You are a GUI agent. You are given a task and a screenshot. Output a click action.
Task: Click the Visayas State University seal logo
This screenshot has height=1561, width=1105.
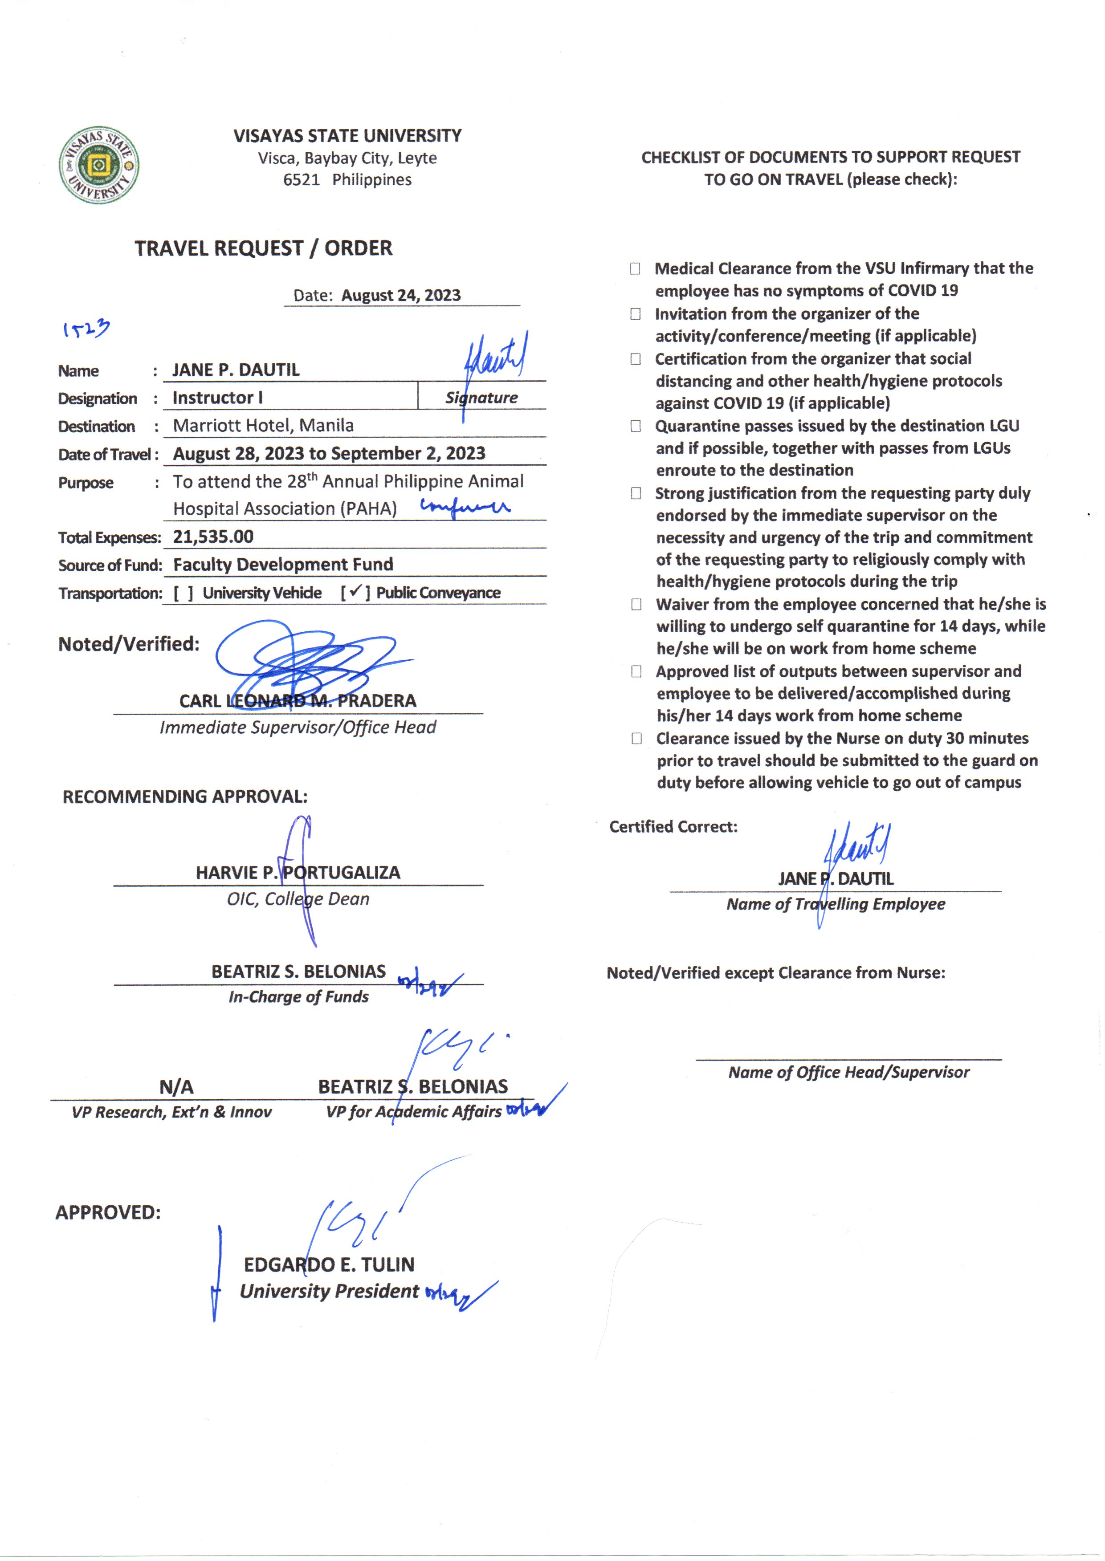click(x=99, y=165)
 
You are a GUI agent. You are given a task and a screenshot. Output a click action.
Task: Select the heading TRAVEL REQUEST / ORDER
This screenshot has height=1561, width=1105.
click(x=263, y=248)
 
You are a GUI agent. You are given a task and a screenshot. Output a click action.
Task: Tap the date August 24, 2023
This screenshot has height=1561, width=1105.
click(x=401, y=295)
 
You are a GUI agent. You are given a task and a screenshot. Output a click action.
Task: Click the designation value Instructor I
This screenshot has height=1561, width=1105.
click(x=218, y=398)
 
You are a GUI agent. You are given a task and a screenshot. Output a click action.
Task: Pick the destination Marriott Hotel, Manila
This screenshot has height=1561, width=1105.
click(x=263, y=426)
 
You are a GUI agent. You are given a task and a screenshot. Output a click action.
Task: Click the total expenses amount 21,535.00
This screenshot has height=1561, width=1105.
click(x=213, y=537)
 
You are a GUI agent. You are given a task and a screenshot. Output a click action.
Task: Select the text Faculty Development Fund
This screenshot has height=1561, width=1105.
click(x=283, y=565)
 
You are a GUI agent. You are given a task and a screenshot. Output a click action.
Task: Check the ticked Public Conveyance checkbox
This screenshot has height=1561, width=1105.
click(x=355, y=593)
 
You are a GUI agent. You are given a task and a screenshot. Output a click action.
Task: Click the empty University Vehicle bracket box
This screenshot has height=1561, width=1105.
click(x=183, y=593)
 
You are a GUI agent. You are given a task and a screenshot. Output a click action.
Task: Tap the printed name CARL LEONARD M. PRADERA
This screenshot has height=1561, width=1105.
click(x=298, y=700)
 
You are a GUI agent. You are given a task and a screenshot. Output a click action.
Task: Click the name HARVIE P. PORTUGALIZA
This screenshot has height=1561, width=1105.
click(x=298, y=873)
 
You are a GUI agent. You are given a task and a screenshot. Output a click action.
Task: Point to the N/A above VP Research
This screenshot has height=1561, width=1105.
click(x=176, y=1087)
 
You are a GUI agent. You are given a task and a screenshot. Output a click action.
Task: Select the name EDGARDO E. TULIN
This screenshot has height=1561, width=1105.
click(x=329, y=1264)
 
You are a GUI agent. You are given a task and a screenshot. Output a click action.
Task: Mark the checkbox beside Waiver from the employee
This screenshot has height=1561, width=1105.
click(x=636, y=604)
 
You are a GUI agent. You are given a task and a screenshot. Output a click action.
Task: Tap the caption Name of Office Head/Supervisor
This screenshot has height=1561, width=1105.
click(x=848, y=1073)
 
